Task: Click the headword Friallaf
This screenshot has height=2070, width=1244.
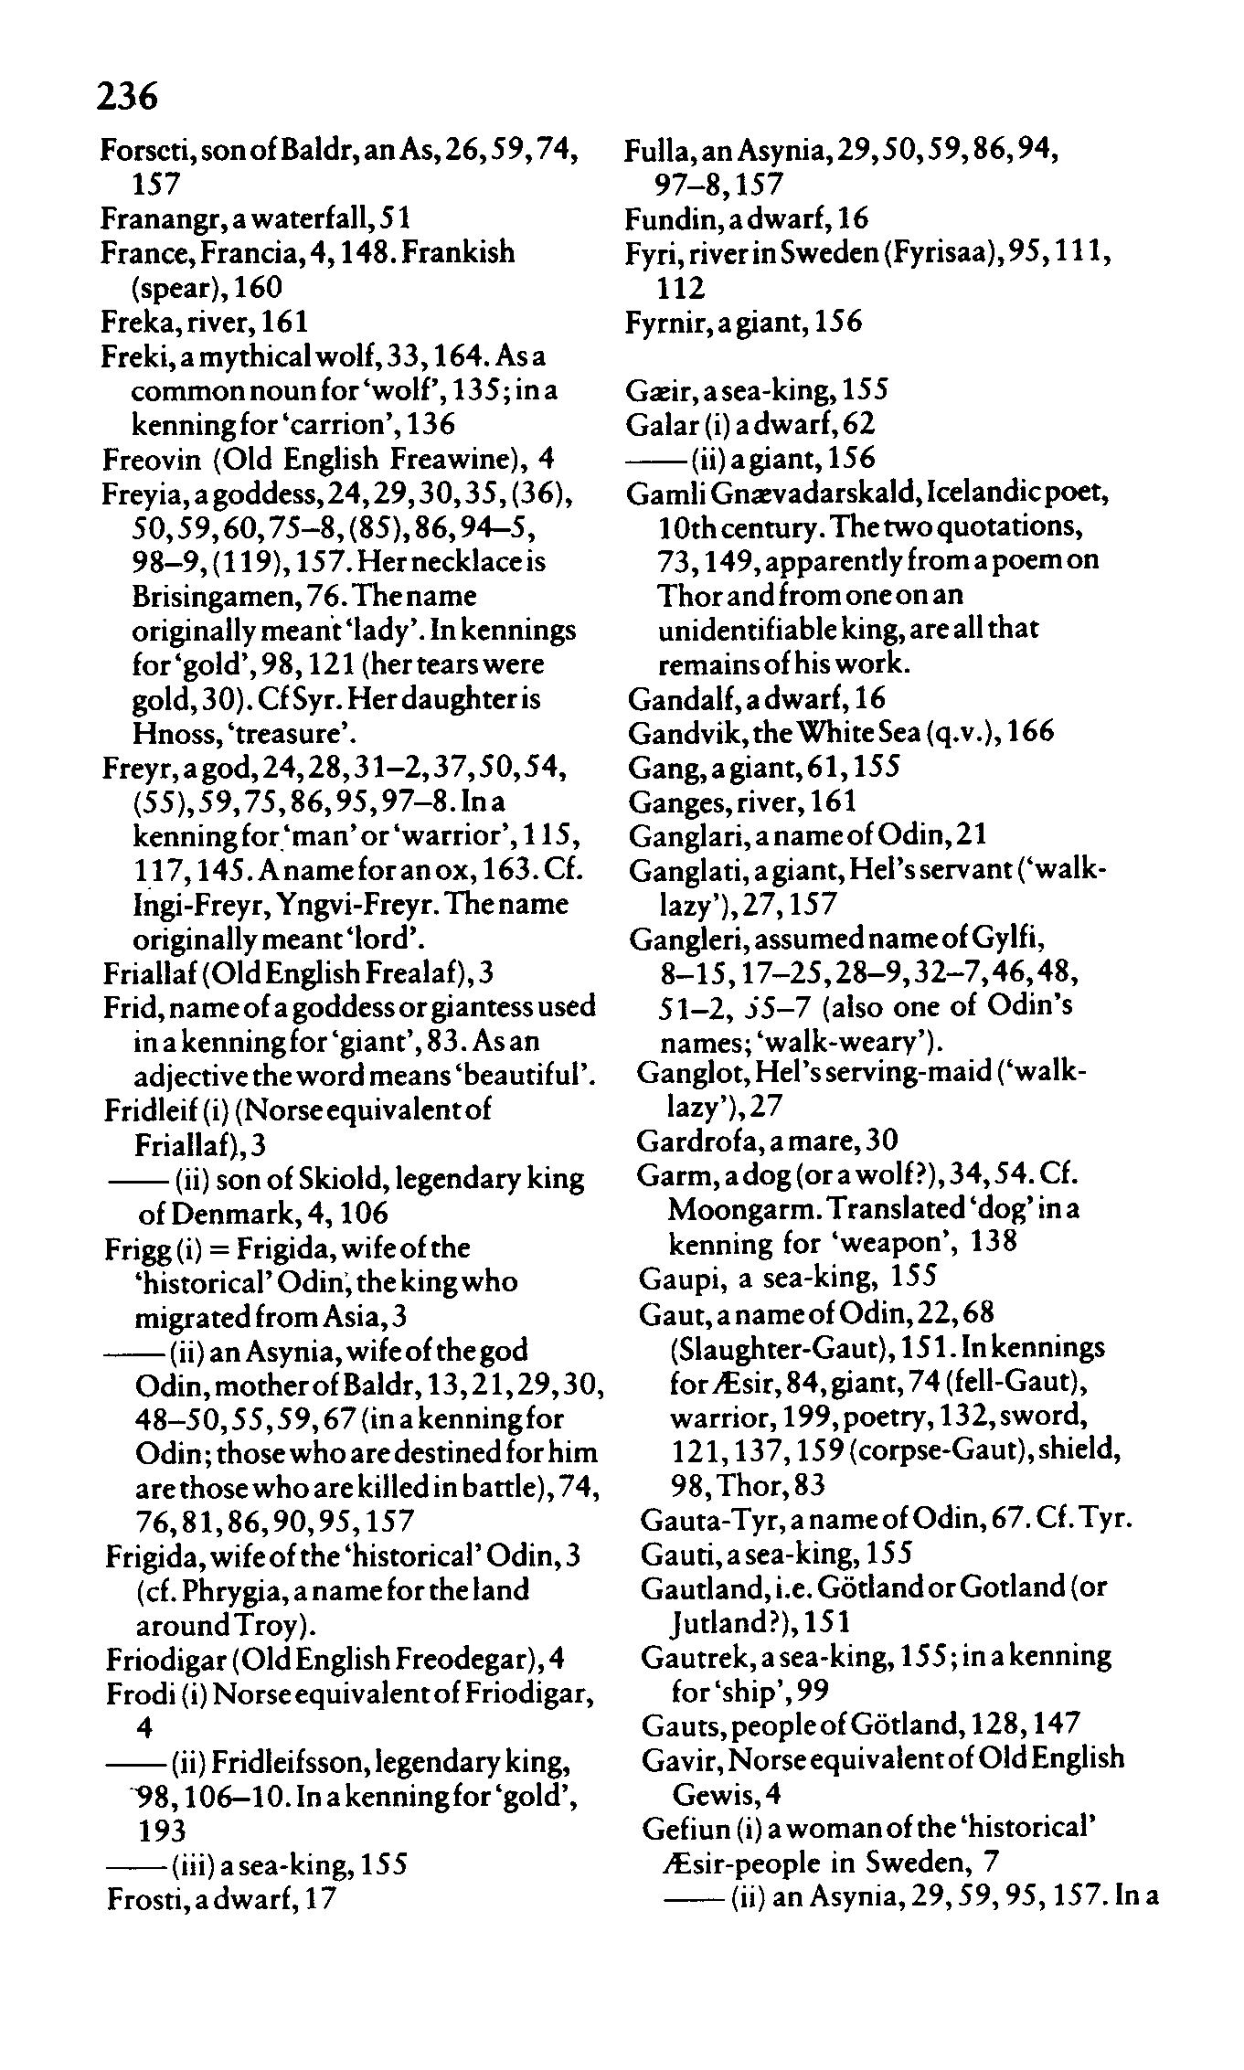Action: coord(146,972)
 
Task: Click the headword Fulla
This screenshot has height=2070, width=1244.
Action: coord(650,149)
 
